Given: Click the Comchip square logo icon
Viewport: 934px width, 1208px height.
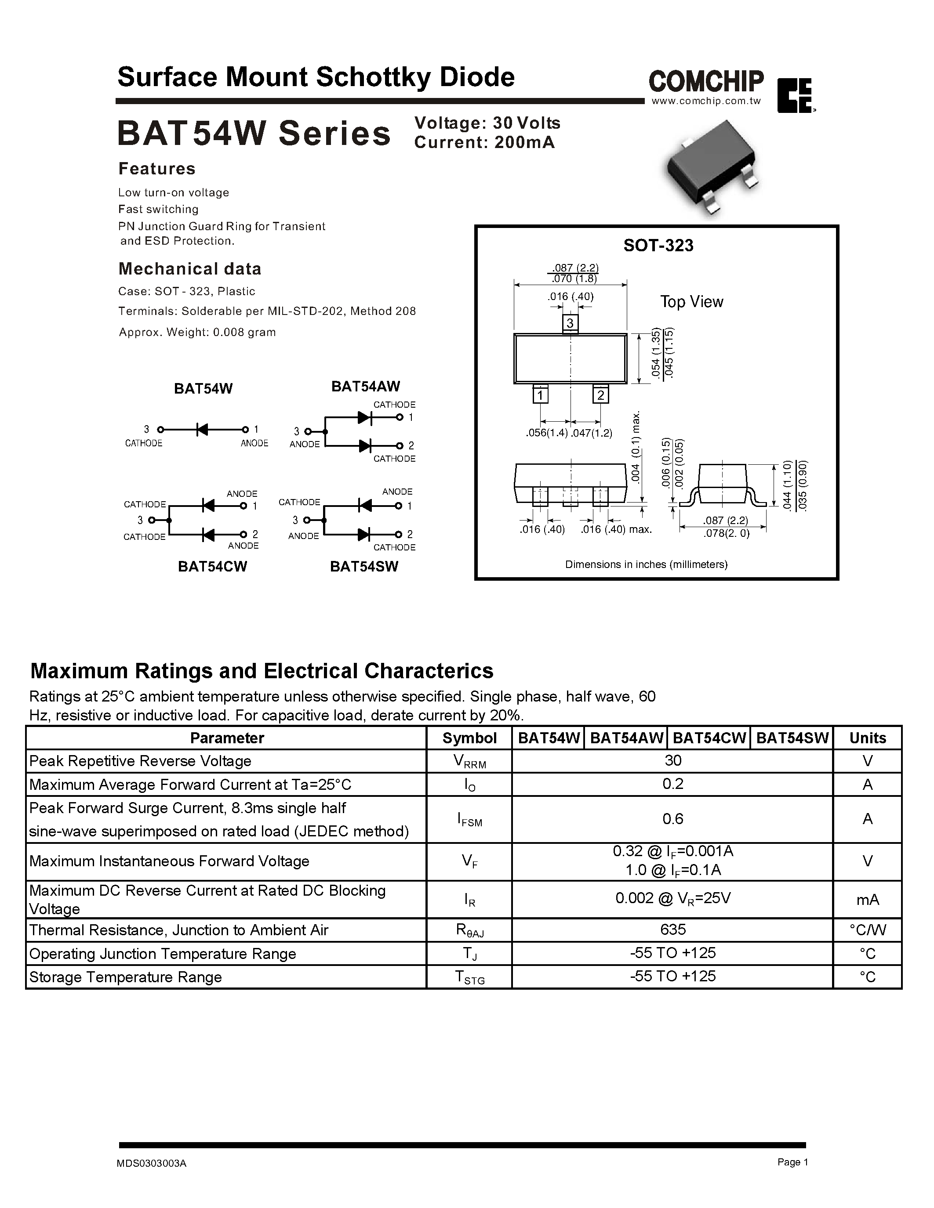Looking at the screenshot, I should (795, 96).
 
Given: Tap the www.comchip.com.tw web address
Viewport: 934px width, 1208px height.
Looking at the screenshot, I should (706, 101).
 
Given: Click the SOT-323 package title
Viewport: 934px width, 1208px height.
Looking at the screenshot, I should (658, 245).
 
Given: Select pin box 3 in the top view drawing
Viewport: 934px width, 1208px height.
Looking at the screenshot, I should (570, 322).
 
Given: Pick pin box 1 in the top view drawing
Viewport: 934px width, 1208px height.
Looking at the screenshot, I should (540, 395).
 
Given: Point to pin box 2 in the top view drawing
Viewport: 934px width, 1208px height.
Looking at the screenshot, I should (600, 395).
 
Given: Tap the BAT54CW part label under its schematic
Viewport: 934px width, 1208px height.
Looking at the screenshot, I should (212, 566).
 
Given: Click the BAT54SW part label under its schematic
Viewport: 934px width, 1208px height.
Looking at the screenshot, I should (364, 566).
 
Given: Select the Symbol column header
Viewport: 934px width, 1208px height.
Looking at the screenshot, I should (469, 738).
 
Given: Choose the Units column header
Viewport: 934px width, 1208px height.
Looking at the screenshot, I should (867, 738).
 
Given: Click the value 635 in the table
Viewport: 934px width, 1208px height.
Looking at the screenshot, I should (672, 929).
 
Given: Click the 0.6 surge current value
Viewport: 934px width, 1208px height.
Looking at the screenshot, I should (672, 819).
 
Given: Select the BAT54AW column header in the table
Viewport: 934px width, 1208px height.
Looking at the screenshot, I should (626, 738).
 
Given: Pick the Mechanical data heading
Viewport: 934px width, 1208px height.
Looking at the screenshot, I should (190, 269).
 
